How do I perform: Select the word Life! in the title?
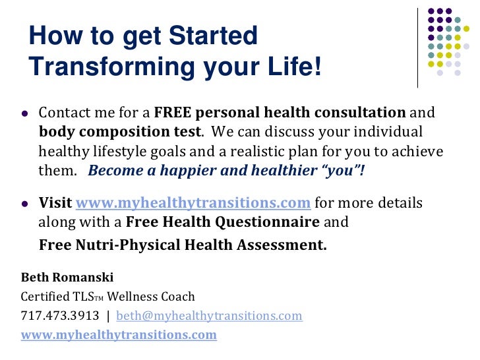pos(290,67)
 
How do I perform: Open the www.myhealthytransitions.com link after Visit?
pos(193,202)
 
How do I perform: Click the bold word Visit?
pos(55,202)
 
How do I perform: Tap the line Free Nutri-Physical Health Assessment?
pos(183,245)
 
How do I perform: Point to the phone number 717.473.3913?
pos(60,315)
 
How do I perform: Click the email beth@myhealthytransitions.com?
pos(209,315)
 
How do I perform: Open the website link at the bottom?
pos(119,334)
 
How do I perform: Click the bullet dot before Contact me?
pos(24,113)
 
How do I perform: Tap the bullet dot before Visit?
pos(24,202)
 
